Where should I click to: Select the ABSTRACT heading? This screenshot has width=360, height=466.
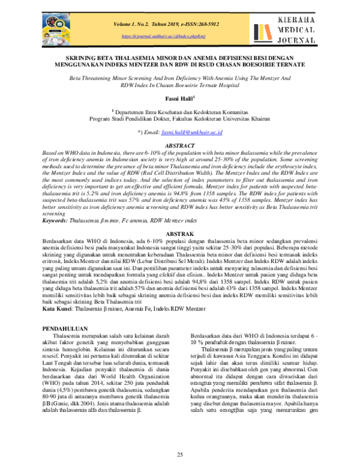coord(180,145)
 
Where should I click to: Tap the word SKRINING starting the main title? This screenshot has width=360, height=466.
coord(73,55)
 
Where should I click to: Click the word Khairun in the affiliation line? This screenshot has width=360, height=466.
coord(261,119)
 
